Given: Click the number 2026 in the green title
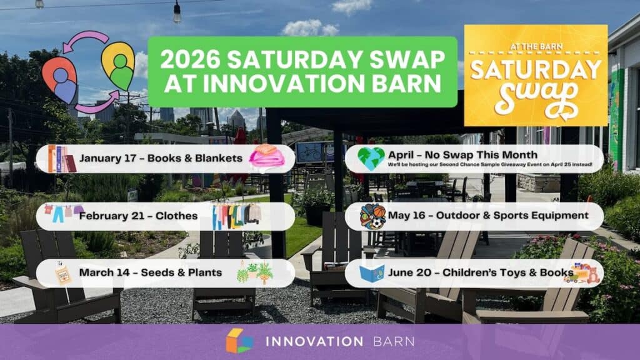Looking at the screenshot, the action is (190, 59).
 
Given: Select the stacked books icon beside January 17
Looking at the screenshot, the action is (61, 159).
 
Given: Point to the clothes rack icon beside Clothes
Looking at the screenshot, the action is (236, 216).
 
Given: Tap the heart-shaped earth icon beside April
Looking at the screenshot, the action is (371, 158).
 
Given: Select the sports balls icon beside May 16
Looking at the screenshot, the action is (372, 216).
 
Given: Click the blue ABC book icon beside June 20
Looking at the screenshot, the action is (372, 274).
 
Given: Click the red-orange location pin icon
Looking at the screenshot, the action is (60, 79).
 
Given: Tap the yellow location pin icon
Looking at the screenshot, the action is (118, 65).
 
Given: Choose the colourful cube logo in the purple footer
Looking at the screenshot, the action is (239, 341).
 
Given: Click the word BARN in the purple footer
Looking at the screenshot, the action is (394, 341).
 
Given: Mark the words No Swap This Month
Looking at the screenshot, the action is (481, 155).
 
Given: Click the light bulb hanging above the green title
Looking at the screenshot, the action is (177, 12).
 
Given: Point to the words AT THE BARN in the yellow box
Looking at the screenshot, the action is (536, 47).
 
